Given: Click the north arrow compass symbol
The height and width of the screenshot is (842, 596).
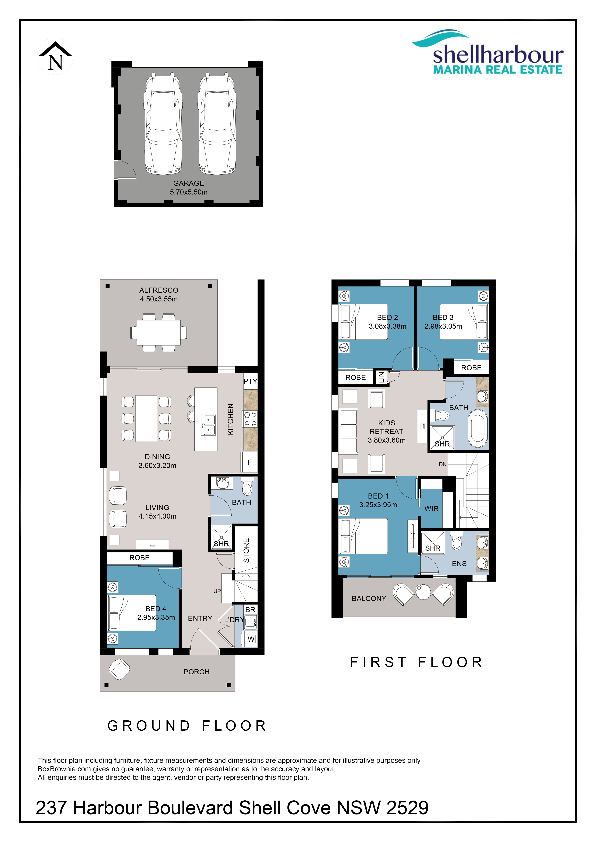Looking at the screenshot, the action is tap(55, 57).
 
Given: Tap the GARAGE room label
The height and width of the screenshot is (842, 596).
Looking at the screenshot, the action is tap(189, 183).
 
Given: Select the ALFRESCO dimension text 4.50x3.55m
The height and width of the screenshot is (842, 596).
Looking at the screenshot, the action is tap(159, 299).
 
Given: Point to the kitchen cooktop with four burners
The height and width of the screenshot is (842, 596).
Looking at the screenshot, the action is tap(250, 419).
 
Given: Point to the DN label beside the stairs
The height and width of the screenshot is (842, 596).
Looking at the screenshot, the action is tap(443, 464).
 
